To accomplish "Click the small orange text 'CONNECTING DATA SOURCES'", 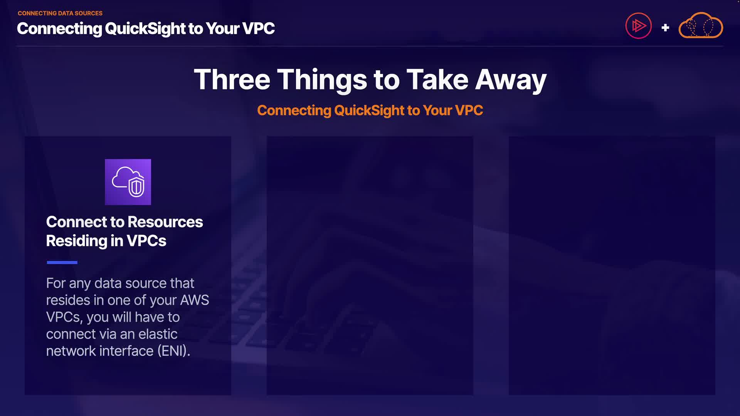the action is pyautogui.click(x=60, y=13).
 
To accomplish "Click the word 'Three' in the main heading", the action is pyautogui.click(x=232, y=79).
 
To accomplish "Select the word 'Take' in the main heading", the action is pyautogui.click(x=437, y=79).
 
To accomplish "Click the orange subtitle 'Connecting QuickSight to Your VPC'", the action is pyautogui.click(x=370, y=111).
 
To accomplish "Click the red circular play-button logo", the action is pyautogui.click(x=639, y=26).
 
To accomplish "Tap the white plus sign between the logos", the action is pyautogui.click(x=665, y=28).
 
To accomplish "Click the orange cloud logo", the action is pyautogui.click(x=701, y=25).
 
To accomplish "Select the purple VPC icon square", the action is pyautogui.click(x=128, y=182).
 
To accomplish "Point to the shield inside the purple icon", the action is pyautogui.click(x=136, y=186).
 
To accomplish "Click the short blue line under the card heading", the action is pyautogui.click(x=62, y=262).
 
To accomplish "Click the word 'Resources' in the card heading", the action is pyautogui.click(x=165, y=222).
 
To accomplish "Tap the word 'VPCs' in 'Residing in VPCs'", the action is pyautogui.click(x=146, y=241).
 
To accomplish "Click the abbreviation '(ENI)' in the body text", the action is pyautogui.click(x=174, y=351).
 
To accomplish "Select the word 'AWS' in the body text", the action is pyautogui.click(x=195, y=300).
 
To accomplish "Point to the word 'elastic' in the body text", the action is pyautogui.click(x=158, y=334).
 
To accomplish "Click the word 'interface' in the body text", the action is pyautogui.click(x=126, y=351).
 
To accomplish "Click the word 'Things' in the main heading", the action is pyautogui.click(x=322, y=80).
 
